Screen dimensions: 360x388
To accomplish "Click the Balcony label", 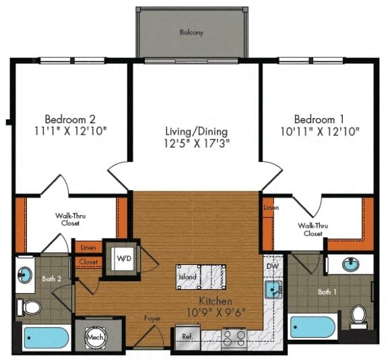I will tap(191, 32).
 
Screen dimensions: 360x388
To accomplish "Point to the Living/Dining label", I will tap(196, 131).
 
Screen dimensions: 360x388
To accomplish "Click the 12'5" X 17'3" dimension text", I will tap(196, 144).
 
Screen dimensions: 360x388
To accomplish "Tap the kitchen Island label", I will tap(187, 277).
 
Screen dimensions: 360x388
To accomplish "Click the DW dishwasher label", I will tap(273, 267).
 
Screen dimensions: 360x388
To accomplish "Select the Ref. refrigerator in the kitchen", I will tap(187, 336).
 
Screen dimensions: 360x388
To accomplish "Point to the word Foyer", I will tap(152, 318).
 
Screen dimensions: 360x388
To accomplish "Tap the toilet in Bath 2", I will tap(30, 308).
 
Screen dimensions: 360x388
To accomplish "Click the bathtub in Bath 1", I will tap(313, 328).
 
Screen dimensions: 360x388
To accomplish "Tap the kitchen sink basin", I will tap(271, 291).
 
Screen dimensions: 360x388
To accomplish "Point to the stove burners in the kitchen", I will tap(234, 336).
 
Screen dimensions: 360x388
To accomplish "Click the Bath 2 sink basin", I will tap(25, 274).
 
